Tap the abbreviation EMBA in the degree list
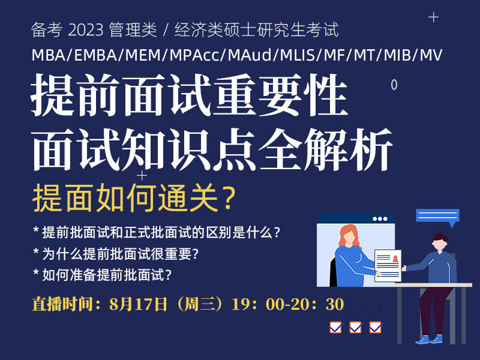click(94, 55)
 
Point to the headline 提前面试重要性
click(190, 98)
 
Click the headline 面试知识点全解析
click(212, 147)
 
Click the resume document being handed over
click(388, 265)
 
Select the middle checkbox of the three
click(355, 327)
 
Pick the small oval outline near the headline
click(394, 85)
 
